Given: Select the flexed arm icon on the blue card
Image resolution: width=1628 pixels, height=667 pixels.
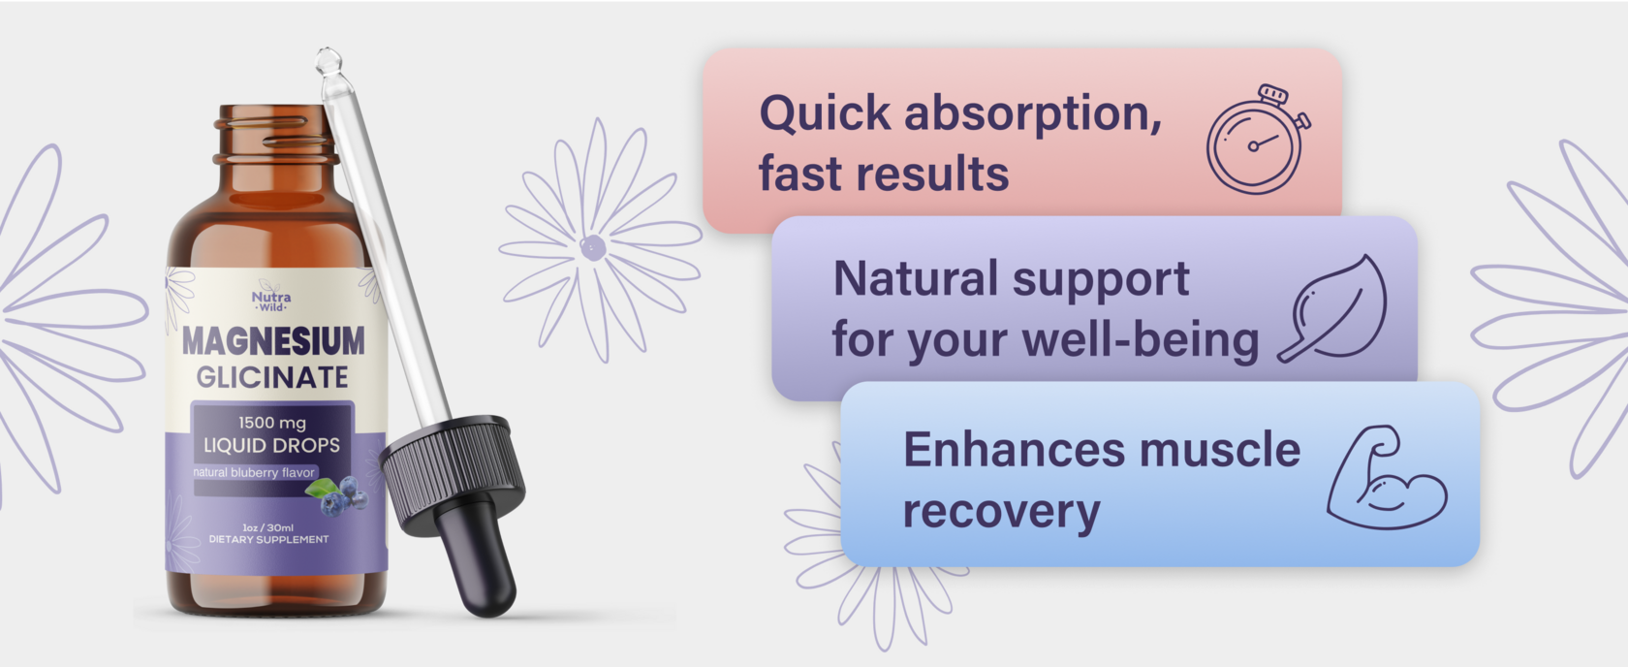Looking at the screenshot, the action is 1387,478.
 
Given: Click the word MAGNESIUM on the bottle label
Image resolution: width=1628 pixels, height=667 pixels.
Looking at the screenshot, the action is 273,341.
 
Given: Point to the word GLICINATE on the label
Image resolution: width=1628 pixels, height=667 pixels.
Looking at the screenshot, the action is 271,377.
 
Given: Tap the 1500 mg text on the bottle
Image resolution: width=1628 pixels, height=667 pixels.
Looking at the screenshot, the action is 272,423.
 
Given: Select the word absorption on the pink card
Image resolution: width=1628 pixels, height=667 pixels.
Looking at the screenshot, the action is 1033,115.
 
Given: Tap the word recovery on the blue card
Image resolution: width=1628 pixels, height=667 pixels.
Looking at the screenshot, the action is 1002,513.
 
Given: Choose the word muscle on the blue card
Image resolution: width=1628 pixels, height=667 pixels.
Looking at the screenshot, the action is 1219,450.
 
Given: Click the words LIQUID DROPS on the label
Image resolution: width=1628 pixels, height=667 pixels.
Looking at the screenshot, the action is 271,445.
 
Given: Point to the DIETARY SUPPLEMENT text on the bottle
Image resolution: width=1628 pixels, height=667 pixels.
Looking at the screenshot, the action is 269,540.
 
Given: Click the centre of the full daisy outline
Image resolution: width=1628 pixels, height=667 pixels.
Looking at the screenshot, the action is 592,247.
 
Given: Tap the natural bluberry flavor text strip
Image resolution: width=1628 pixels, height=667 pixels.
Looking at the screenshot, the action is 254,473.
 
